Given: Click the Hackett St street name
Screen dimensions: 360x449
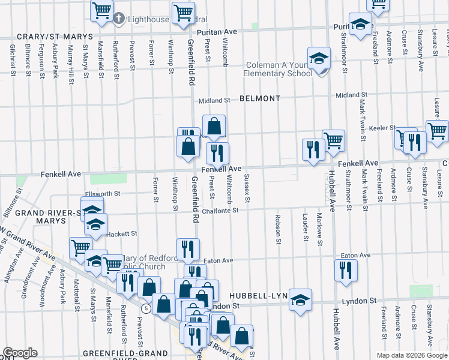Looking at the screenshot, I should pos(122,233).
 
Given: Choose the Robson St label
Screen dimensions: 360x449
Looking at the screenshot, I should pos(279,229).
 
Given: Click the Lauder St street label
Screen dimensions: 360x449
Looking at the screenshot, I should pos(306,228).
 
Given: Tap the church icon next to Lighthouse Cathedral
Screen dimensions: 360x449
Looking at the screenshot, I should pos(119,19).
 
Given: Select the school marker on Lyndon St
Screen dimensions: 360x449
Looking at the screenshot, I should pos(300,300).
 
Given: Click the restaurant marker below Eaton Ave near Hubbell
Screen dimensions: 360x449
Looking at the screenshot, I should pos(346,270).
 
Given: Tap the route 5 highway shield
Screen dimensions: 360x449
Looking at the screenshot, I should pos(146,308).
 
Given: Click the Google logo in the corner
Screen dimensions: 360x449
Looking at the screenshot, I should pos(20,353).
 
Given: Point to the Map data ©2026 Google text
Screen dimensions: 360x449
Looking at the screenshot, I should pos(411,355).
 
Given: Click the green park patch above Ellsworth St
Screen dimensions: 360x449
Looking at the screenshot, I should pos(108,178).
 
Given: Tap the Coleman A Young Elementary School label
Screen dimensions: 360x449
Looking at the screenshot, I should pos(277,70).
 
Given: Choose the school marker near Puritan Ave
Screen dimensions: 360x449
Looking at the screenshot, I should pos(360,25).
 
